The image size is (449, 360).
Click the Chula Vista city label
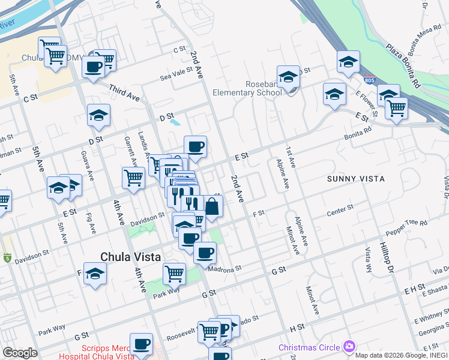click(130, 257)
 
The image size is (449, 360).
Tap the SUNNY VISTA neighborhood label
click(355, 179)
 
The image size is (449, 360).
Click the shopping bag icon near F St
click(212, 207)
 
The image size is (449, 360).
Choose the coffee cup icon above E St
click(195, 146)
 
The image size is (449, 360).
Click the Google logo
click(20, 353)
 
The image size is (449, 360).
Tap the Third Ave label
click(124, 92)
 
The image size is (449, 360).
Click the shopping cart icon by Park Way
click(174, 273)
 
